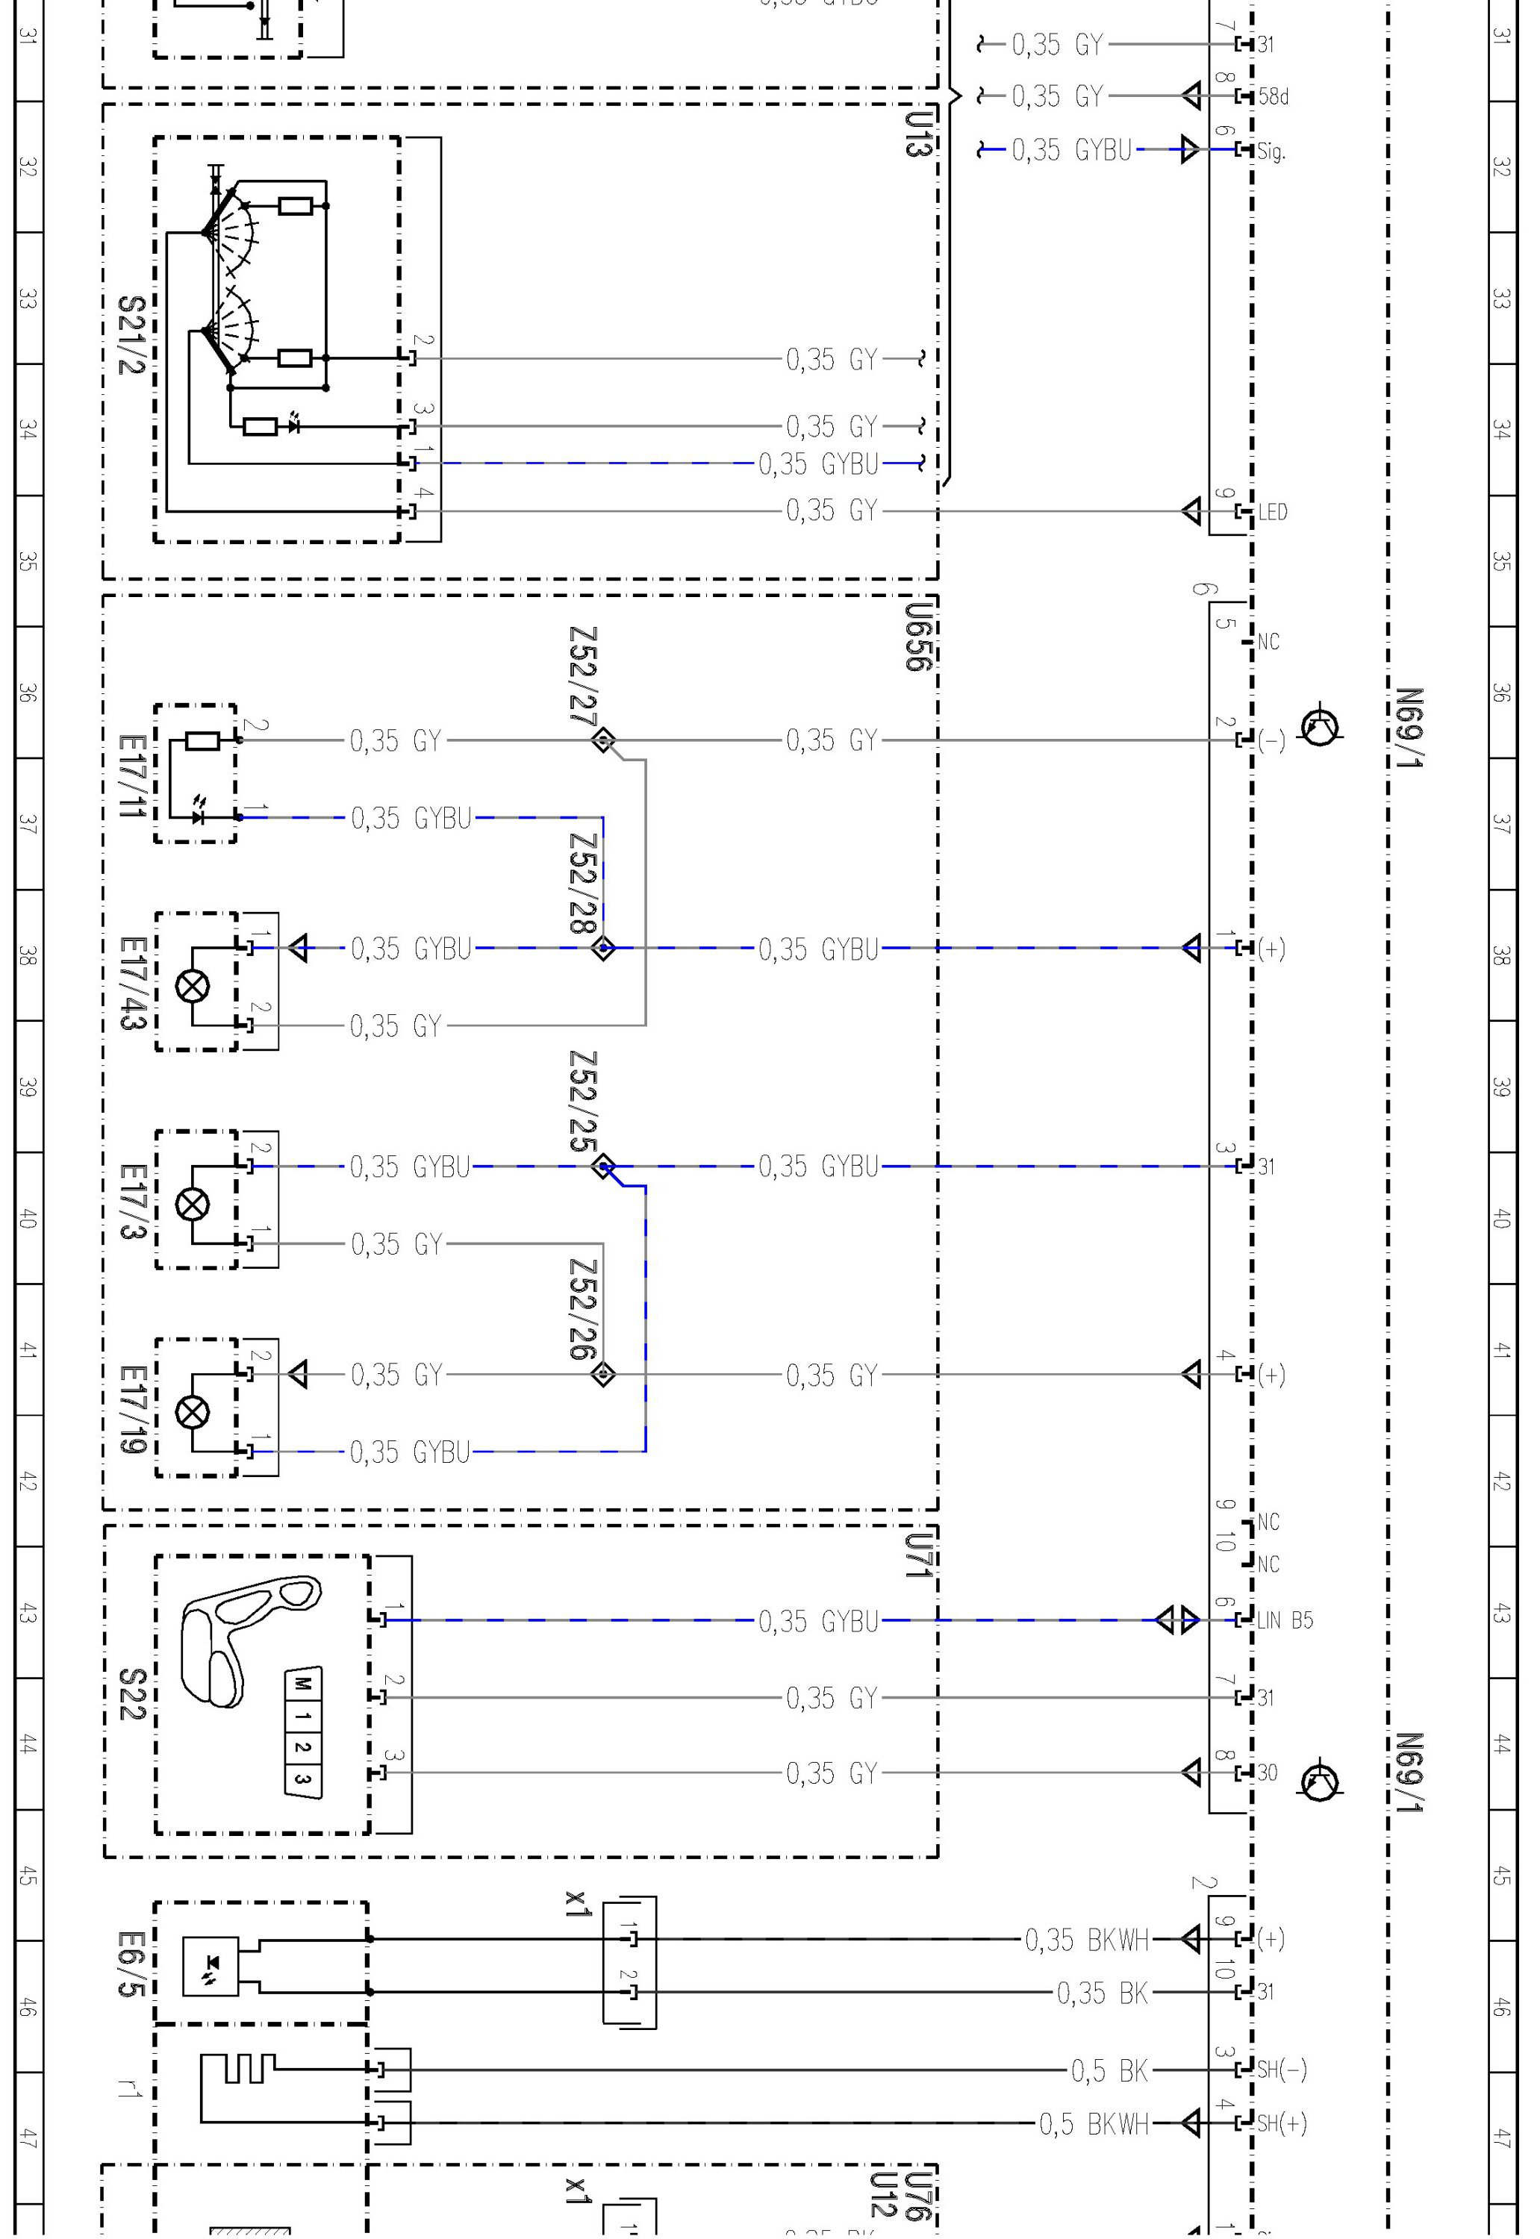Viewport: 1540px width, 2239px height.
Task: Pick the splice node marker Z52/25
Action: (x=603, y=1167)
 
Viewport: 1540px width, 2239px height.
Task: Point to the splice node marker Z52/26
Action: (x=603, y=1374)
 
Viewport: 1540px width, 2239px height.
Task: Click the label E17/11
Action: (x=131, y=775)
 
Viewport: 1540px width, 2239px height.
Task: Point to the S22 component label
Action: (x=131, y=1694)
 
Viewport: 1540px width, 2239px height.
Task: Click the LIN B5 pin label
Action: (x=1284, y=1620)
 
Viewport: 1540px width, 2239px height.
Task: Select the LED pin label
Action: (x=1273, y=511)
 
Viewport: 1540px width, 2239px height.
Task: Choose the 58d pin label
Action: (x=1273, y=96)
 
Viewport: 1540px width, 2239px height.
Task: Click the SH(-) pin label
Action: (x=1282, y=2070)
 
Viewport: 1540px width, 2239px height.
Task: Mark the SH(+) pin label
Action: (x=1282, y=2123)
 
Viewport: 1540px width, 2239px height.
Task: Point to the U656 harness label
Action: (x=919, y=637)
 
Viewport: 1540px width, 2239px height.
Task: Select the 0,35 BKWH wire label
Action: (x=1086, y=1939)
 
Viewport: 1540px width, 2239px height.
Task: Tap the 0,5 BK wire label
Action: (x=1109, y=2070)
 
